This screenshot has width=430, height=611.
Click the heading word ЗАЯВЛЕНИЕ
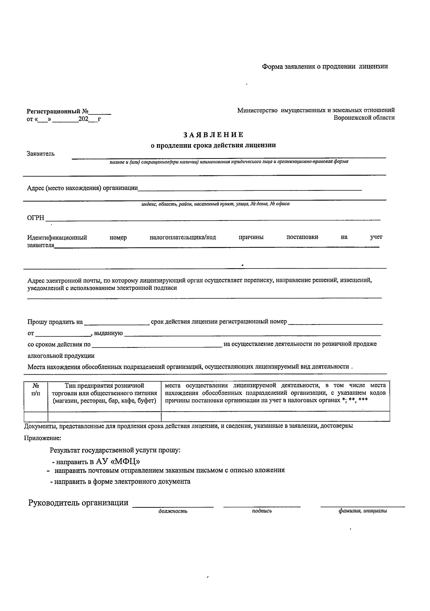[x=214, y=135]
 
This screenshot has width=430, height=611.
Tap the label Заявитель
[x=41, y=154]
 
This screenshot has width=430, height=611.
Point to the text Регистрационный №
[x=58, y=112]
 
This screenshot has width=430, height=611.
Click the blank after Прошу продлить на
[x=116, y=322]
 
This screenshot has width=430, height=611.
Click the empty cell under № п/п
[x=36, y=416]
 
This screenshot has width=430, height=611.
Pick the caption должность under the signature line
[x=173, y=511]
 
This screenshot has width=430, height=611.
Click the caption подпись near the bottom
[x=262, y=511]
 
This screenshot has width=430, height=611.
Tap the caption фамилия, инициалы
[x=362, y=511]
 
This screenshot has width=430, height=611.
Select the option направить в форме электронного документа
[x=121, y=482]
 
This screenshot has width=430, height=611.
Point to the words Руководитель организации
[x=78, y=503]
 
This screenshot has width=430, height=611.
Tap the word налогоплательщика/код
[x=183, y=237]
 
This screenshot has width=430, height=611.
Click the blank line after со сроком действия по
[x=157, y=345]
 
